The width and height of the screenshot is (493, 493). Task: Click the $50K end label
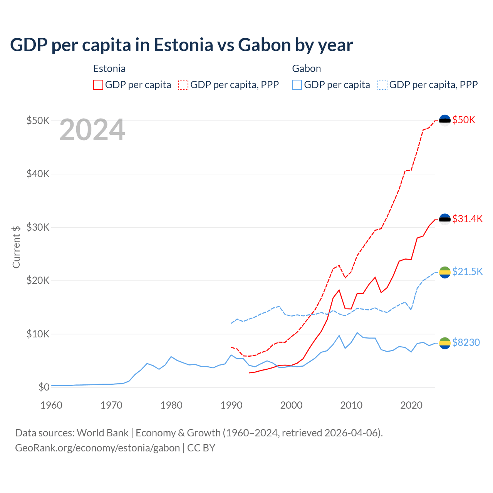click(464, 120)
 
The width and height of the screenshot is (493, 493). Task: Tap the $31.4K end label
click(467, 219)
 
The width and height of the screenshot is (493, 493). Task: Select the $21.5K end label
click(467, 272)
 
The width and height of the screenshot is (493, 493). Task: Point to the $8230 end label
click(466, 342)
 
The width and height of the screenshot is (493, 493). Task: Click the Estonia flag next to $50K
click(445, 121)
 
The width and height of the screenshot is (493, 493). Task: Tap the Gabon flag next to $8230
click(445, 343)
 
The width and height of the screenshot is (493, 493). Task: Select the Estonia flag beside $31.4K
click(445, 220)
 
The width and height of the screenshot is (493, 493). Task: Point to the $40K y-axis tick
click(38, 174)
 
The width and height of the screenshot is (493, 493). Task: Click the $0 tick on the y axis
click(44, 387)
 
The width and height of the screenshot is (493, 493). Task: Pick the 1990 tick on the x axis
click(231, 405)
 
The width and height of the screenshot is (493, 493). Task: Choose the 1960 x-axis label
click(51, 405)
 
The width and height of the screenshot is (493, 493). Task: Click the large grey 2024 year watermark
click(92, 130)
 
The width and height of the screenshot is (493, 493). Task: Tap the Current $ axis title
click(16, 247)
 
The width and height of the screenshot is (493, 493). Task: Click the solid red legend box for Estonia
click(98, 85)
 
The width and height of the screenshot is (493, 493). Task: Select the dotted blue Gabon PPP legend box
click(382, 85)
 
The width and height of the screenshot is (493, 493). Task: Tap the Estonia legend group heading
click(109, 69)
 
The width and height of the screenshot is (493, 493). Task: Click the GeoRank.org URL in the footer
click(97, 448)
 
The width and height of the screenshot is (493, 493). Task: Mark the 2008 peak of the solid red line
click(339, 290)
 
